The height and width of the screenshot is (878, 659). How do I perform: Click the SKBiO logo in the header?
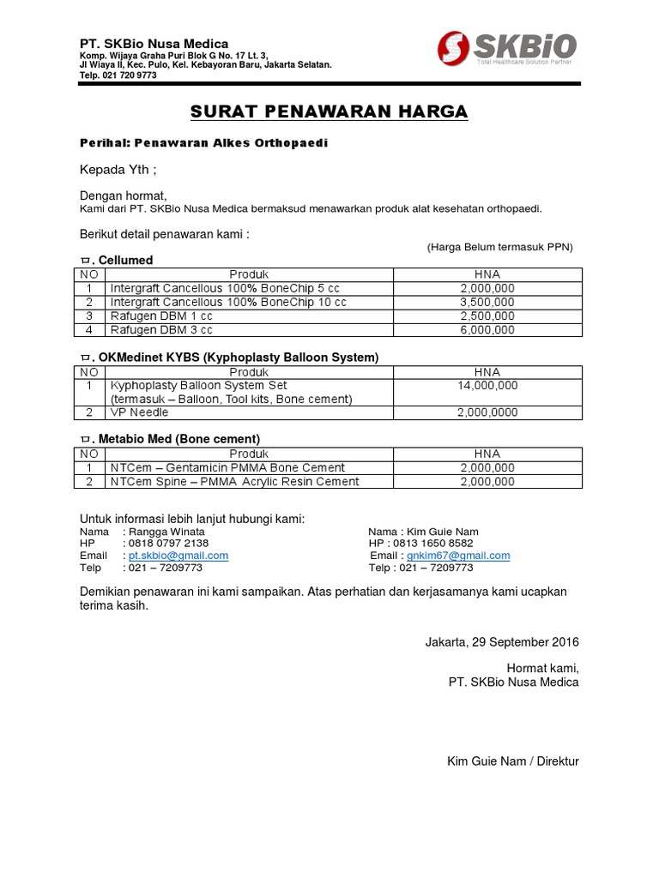click(x=506, y=47)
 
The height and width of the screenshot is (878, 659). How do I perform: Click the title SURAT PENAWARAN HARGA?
click(x=329, y=112)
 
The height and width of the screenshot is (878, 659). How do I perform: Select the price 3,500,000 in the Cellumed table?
click(x=487, y=302)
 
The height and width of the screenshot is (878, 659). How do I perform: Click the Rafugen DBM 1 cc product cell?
click(x=160, y=316)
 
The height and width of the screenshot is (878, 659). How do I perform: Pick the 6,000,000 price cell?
click(x=487, y=329)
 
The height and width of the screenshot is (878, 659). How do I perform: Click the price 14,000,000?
click(x=487, y=386)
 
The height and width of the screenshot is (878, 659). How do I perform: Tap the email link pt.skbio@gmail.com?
click(x=178, y=556)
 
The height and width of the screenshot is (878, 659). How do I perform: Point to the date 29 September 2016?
click(x=502, y=642)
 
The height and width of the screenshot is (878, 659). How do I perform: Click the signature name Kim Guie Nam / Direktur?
click(x=512, y=761)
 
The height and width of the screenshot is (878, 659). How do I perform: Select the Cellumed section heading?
click(x=124, y=260)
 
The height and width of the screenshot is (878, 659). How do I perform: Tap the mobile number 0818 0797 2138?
click(x=168, y=544)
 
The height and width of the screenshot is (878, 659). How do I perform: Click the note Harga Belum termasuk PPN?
click(x=499, y=247)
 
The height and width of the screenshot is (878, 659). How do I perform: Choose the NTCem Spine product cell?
click(x=234, y=481)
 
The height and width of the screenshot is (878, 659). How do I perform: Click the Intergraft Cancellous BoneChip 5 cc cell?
click(x=227, y=288)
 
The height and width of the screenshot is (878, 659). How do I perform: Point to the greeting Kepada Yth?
click(x=118, y=169)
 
